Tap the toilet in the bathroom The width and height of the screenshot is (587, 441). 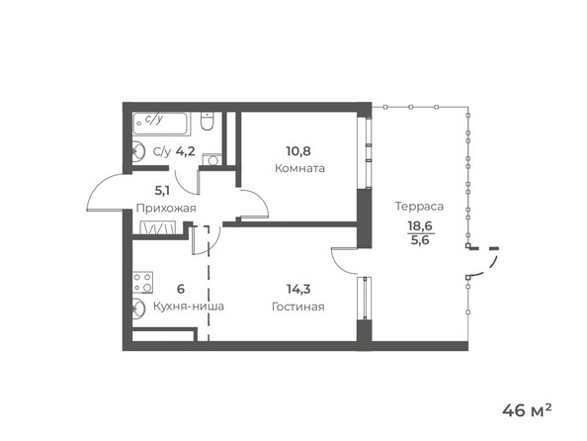tap(206, 124)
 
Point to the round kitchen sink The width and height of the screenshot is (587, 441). tap(138, 307)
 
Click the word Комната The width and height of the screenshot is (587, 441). tap(300, 168)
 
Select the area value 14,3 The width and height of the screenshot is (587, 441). tap(297, 290)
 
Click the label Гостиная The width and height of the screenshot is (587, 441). tap(297, 307)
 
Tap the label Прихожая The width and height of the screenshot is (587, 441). tap(166, 209)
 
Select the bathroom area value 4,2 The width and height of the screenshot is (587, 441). tap(186, 152)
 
